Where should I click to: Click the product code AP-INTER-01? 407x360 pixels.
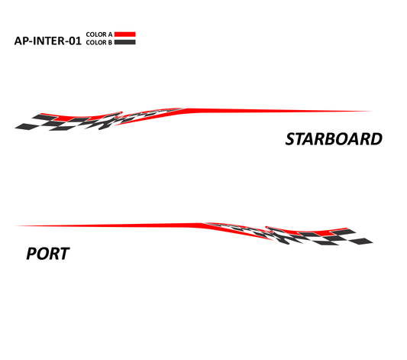(47, 41)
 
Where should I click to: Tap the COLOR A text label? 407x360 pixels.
(99, 34)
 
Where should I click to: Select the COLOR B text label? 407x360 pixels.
(99, 42)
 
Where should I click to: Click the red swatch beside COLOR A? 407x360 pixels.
(125, 34)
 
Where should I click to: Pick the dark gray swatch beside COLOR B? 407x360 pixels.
(125, 42)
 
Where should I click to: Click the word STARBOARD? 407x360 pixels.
(334, 139)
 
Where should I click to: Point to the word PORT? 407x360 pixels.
(48, 254)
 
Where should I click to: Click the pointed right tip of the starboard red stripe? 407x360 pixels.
(373, 111)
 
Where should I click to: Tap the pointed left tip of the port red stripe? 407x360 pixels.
(15, 225)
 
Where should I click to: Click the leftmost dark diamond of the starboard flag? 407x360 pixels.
(27, 126)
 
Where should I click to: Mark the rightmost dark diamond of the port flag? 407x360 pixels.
(361, 242)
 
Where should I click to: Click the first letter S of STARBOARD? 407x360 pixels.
(290, 139)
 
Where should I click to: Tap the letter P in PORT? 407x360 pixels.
(31, 254)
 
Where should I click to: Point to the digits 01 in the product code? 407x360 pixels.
(75, 41)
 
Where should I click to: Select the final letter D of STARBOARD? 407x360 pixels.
(376, 139)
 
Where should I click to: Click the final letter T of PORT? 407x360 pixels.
(64, 254)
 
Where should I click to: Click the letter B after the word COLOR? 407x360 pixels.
(110, 43)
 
